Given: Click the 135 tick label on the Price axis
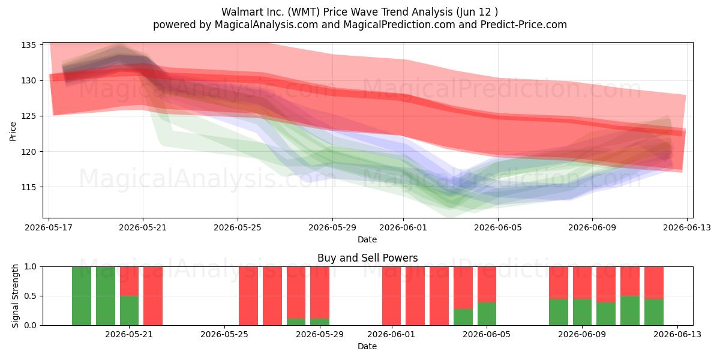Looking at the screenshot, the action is point(28,45).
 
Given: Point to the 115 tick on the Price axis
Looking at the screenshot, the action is point(28,187).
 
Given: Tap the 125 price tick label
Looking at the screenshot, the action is point(28,116).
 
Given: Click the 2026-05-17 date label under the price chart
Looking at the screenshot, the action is point(49,227).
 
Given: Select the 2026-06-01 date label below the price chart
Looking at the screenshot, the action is point(403,227).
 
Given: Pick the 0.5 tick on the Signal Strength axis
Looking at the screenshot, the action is point(30,296).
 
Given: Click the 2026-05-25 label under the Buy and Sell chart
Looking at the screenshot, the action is point(224,334).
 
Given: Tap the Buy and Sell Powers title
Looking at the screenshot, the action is point(367,258).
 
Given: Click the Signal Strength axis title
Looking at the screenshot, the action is point(15,296).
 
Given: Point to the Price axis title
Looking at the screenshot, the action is point(13,131).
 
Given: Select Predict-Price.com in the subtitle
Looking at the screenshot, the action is point(524,25).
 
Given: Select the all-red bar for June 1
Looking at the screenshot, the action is point(391,296).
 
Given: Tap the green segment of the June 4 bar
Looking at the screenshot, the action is point(487,314).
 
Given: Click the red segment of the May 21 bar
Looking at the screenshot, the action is point(129,281).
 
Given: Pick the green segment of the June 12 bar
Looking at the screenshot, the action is point(654,312).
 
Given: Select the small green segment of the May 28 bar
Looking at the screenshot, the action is point(296,322).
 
